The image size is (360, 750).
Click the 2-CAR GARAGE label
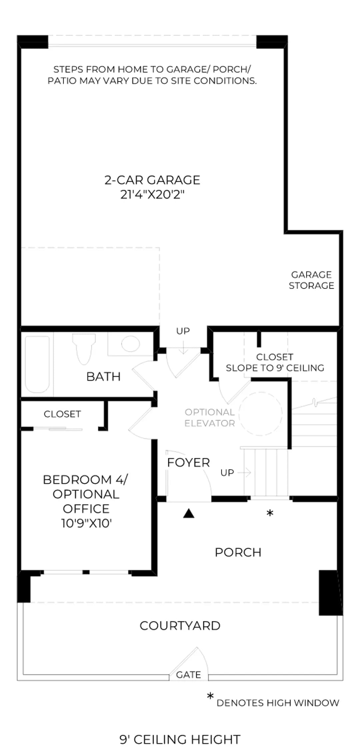[152, 180]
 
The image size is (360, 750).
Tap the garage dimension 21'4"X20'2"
[152, 194]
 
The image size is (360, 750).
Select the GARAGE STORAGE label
[311, 280]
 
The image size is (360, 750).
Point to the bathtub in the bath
[37, 364]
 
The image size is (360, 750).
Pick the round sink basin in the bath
[130, 344]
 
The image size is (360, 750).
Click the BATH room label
[103, 377]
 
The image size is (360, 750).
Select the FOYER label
[188, 463]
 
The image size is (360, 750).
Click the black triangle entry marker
[189, 514]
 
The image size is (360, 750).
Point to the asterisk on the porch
[270, 513]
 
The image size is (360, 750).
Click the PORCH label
[238, 552]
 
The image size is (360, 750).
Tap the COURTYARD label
[180, 626]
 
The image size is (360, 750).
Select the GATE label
[188, 675]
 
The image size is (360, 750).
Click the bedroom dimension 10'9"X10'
[86, 523]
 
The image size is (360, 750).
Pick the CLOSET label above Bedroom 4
[62, 414]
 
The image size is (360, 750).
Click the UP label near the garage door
[183, 331]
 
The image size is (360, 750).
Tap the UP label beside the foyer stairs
[227, 473]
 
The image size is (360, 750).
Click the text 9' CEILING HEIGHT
[180, 739]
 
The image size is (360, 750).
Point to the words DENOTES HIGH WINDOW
[278, 703]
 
